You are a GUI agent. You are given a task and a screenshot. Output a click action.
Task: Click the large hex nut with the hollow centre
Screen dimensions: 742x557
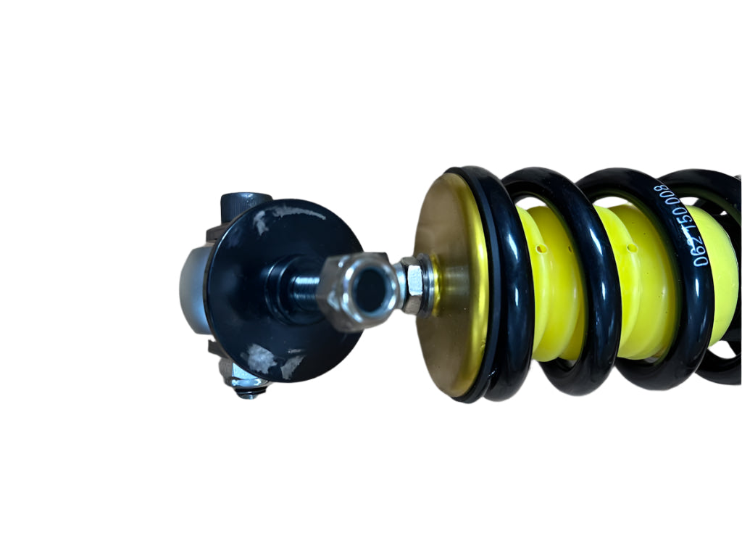361,290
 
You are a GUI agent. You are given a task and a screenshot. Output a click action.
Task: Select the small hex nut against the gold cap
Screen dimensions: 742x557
415,284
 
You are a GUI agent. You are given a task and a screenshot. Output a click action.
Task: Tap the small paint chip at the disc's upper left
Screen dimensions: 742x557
260,221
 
